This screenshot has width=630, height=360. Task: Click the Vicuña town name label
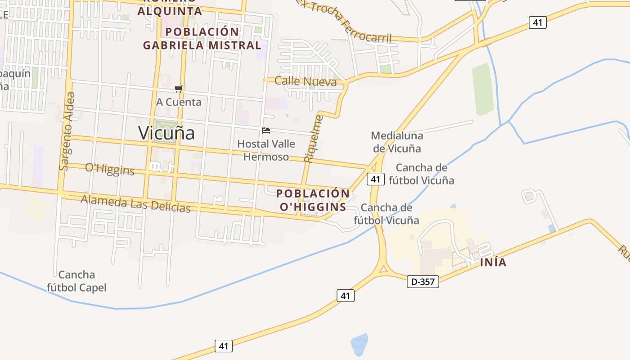(x=166, y=133)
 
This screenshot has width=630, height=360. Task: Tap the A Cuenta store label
(x=179, y=102)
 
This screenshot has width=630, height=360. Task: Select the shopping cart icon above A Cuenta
(x=179, y=89)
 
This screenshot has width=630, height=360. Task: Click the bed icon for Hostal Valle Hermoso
(x=266, y=130)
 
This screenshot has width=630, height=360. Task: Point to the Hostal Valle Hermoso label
(x=266, y=150)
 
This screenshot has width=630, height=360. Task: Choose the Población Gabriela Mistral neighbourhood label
(x=202, y=39)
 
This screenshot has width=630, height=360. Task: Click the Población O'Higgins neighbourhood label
(x=313, y=200)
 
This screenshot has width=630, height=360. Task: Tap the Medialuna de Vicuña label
(x=396, y=142)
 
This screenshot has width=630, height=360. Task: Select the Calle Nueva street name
(x=306, y=81)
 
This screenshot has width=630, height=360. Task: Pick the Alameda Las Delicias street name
(x=135, y=204)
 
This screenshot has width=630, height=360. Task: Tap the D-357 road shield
(x=423, y=282)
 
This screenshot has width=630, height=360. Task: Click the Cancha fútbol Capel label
(x=77, y=281)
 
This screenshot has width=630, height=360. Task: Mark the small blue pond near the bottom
(x=360, y=344)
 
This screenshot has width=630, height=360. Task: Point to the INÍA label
(x=493, y=262)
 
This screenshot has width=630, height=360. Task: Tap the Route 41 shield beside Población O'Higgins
(x=375, y=179)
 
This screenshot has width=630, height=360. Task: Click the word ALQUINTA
(x=169, y=11)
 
